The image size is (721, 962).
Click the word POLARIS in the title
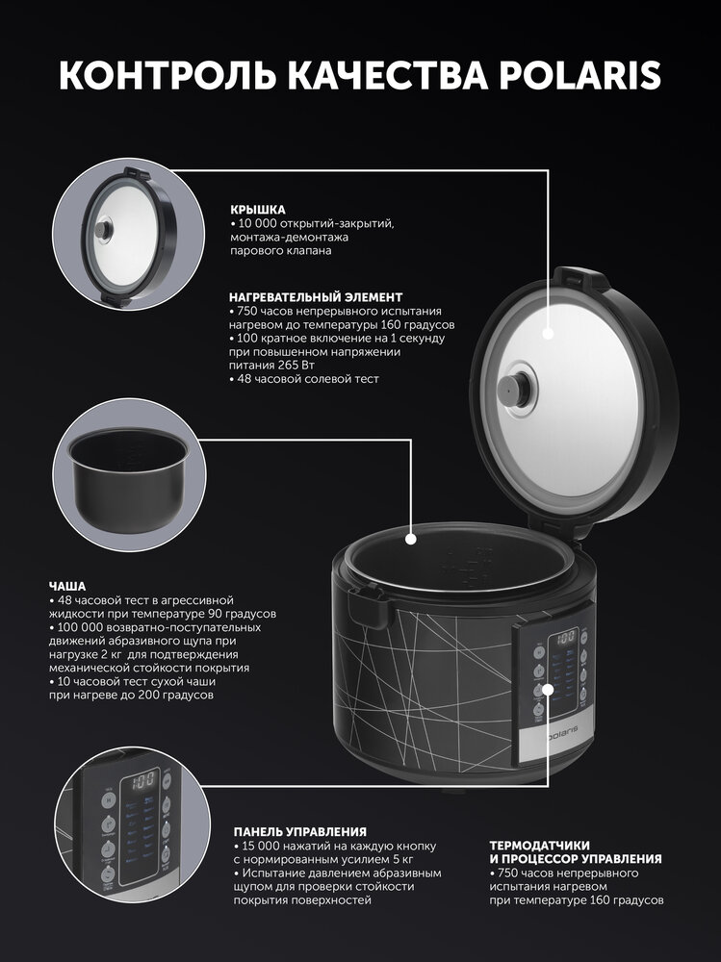pyautogui.click(x=579, y=75)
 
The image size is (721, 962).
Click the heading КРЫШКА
pyautogui.click(x=258, y=210)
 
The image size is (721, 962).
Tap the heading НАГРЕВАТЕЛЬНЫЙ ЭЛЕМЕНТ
pyautogui.click(x=316, y=297)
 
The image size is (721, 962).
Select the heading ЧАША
pyautogui.click(x=67, y=587)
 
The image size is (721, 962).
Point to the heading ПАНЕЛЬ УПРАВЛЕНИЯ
pyautogui.click(x=299, y=832)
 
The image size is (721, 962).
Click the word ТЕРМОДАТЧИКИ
pyautogui.click(x=540, y=846)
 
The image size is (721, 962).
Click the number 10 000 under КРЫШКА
pyautogui.click(x=256, y=223)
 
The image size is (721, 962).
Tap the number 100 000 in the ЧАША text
pyautogui.click(x=80, y=627)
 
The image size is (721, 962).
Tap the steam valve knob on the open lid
pyautogui.click(x=513, y=389)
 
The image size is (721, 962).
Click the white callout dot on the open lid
pyautogui.click(x=548, y=334)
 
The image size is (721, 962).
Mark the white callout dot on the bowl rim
pyautogui.click(x=411, y=539)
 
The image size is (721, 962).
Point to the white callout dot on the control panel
pyautogui.click(x=549, y=689)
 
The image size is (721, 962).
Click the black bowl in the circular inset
pyautogui.click(x=128, y=478)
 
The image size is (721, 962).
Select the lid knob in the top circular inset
pyautogui.click(x=103, y=230)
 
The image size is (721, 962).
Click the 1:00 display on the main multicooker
pyautogui.click(x=566, y=637)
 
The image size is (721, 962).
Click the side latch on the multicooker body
pyautogui.click(x=369, y=604)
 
